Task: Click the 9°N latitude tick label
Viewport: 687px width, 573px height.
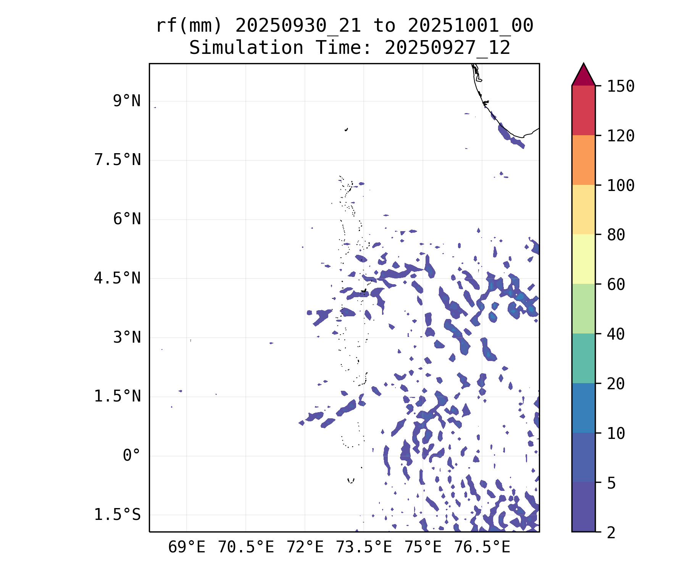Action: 126,101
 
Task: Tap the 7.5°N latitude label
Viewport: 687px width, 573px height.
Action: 117,160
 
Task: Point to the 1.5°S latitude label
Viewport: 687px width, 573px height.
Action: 117,515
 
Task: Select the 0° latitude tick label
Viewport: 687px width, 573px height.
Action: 131,455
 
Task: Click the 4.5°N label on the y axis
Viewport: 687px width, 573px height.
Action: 117,278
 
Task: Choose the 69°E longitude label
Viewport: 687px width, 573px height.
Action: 187,547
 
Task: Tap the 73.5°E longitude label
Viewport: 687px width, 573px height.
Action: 364,547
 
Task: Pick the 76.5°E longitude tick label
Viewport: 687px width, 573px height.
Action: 482,547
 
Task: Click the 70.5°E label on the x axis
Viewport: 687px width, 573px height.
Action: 246,547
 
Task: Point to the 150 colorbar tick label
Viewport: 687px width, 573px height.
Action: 621,86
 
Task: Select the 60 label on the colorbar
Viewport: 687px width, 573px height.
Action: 616,284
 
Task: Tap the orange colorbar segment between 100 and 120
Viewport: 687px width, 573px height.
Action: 583,160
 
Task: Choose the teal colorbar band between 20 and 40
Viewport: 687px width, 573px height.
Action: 583,358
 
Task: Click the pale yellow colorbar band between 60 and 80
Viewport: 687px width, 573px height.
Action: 583,259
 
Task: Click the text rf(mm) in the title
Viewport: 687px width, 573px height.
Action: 189,26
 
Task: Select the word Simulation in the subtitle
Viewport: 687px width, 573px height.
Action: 246,48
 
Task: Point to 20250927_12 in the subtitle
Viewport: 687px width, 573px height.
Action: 447,48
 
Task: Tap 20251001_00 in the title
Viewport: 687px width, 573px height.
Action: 470,26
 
